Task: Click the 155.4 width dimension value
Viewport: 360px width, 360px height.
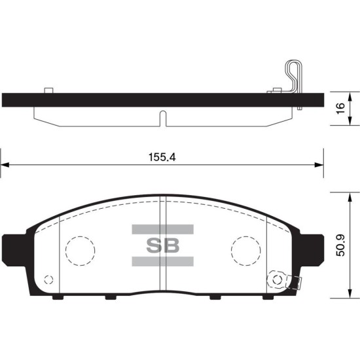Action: pos(162,157)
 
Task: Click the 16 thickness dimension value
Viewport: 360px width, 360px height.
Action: pos(342,108)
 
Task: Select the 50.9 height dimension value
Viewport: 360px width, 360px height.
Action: pos(340,245)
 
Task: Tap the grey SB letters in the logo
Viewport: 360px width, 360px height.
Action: pos(163,245)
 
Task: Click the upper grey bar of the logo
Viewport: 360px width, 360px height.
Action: pos(163,229)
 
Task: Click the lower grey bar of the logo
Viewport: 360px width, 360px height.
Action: pos(163,262)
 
